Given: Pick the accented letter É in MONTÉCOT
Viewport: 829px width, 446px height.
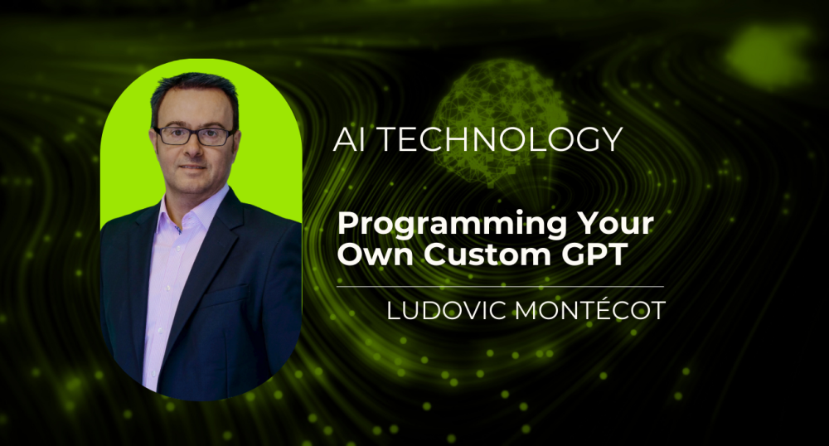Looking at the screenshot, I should (x=586, y=311).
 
